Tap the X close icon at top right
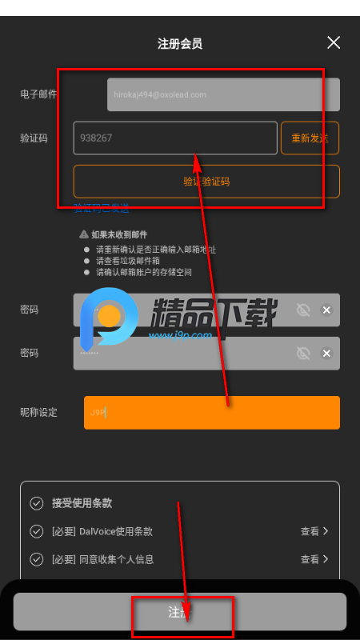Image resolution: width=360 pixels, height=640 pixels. [334, 42]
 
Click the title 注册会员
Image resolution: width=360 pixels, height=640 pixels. [180, 43]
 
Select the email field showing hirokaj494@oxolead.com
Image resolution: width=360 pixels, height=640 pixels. [223, 94]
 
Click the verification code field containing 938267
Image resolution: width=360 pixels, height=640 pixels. [175, 138]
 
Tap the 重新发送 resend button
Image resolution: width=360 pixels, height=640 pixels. [310, 138]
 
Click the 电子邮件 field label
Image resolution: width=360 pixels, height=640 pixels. [38, 94]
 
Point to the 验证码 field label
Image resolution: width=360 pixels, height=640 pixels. [34, 138]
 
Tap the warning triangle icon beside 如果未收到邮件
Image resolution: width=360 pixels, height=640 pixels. [83, 234]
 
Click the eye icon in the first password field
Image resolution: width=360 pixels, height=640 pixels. [303, 310]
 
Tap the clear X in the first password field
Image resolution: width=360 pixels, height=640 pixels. [326, 310]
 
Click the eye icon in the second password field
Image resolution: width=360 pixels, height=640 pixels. [303, 353]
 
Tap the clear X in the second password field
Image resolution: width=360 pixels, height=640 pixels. [326, 353]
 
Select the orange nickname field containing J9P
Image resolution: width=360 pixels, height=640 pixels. [212, 413]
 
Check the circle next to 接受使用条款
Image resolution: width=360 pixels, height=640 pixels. [36, 503]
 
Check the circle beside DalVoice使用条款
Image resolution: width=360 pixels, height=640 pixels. [36, 531]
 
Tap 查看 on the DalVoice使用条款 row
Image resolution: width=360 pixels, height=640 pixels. [314, 531]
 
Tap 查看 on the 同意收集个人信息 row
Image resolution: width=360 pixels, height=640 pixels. [314, 559]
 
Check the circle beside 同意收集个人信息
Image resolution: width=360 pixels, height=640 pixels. [36, 559]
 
